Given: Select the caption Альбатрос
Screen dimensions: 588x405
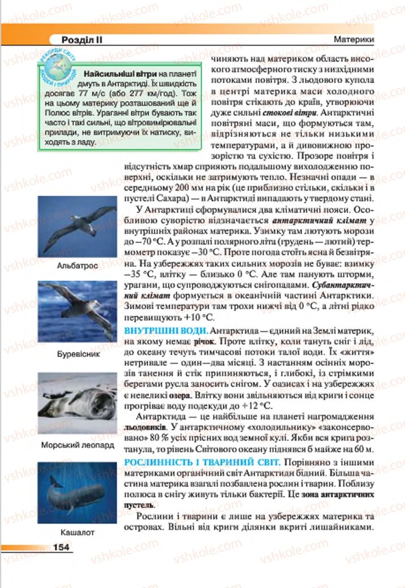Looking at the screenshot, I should click(x=77, y=265).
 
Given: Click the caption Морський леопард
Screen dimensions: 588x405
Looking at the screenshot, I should click(x=77, y=445).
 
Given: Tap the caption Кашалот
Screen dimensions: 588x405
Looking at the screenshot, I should click(x=77, y=532).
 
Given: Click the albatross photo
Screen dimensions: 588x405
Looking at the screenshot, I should click(x=77, y=226).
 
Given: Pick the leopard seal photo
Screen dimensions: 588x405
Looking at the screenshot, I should click(x=77, y=403).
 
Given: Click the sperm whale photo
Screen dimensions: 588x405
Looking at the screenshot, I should click(x=77, y=492).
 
